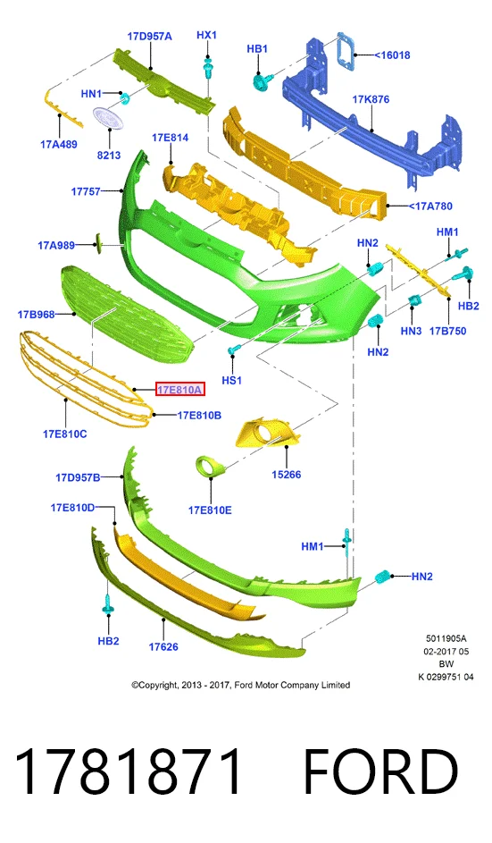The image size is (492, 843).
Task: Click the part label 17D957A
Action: click(149, 37)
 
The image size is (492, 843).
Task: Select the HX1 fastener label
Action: click(207, 35)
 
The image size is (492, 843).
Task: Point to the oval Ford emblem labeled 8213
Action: click(109, 118)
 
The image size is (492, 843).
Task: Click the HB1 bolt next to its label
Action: click(263, 81)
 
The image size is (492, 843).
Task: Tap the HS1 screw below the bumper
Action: click(232, 351)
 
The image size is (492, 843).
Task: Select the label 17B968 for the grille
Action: click(36, 314)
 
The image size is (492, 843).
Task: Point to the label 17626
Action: click(163, 646)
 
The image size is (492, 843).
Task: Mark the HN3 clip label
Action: click(411, 331)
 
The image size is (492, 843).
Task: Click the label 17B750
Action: click(447, 331)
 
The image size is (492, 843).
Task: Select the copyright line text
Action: click(240, 685)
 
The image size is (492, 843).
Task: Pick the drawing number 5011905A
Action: click(446, 638)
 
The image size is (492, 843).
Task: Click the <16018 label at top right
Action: click(392, 55)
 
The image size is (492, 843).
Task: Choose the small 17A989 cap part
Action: click(98, 242)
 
